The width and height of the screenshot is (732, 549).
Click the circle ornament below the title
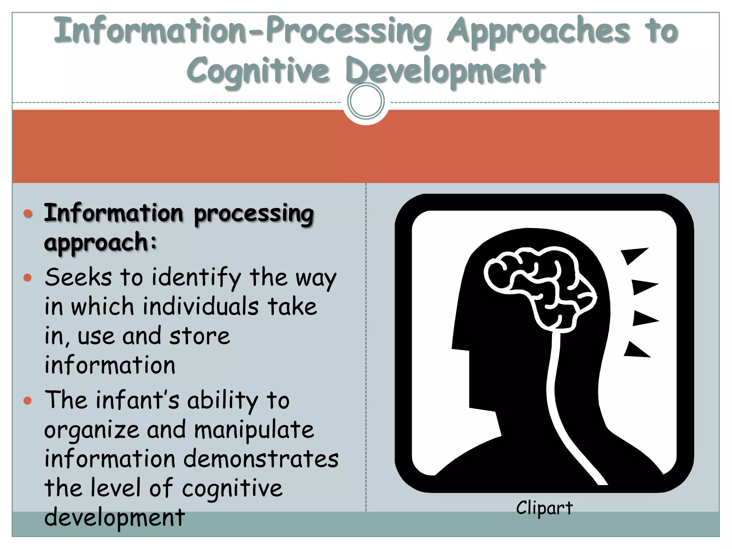366,101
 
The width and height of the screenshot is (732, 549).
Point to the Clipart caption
544,508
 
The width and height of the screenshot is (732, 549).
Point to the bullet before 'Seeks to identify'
28,278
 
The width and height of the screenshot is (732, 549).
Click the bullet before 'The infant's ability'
28,400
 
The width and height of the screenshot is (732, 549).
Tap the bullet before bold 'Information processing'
28,214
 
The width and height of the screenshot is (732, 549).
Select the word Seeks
78,277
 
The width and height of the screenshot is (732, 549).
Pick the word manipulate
254,430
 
